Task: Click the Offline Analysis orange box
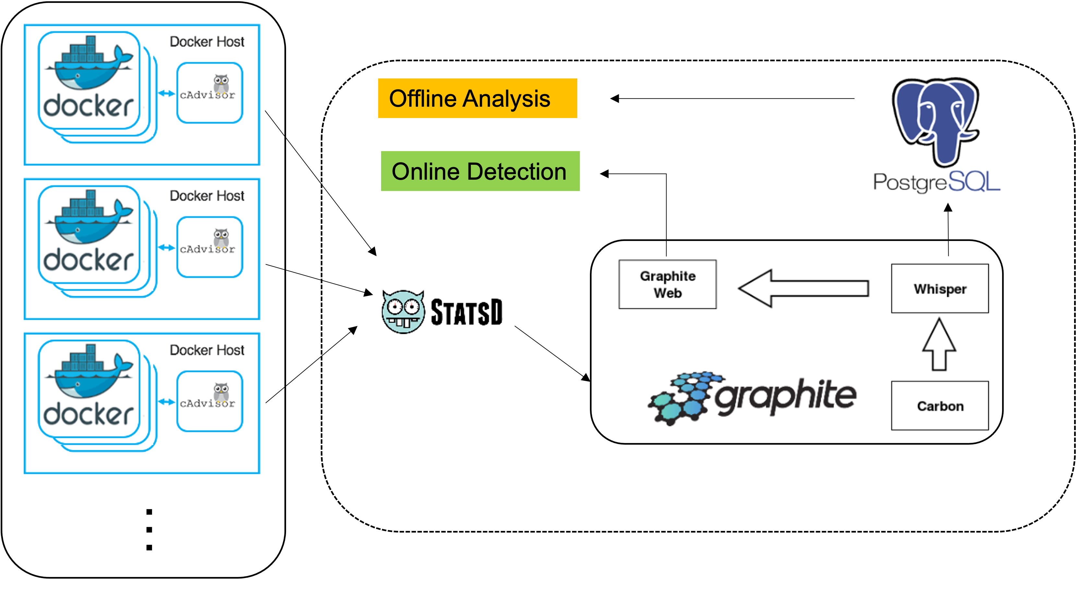(x=477, y=98)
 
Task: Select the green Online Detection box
(x=480, y=171)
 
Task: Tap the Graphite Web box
(x=667, y=284)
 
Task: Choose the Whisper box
(x=940, y=288)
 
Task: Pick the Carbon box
(x=940, y=405)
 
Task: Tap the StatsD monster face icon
(x=403, y=312)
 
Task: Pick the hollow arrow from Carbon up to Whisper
(x=939, y=344)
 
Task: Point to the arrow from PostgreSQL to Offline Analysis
(x=732, y=99)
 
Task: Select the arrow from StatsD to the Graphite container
(x=552, y=354)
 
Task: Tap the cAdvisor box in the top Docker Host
(x=210, y=93)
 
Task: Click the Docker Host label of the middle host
(x=207, y=196)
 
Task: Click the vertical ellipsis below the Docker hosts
(x=149, y=529)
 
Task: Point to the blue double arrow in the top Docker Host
(x=166, y=94)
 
